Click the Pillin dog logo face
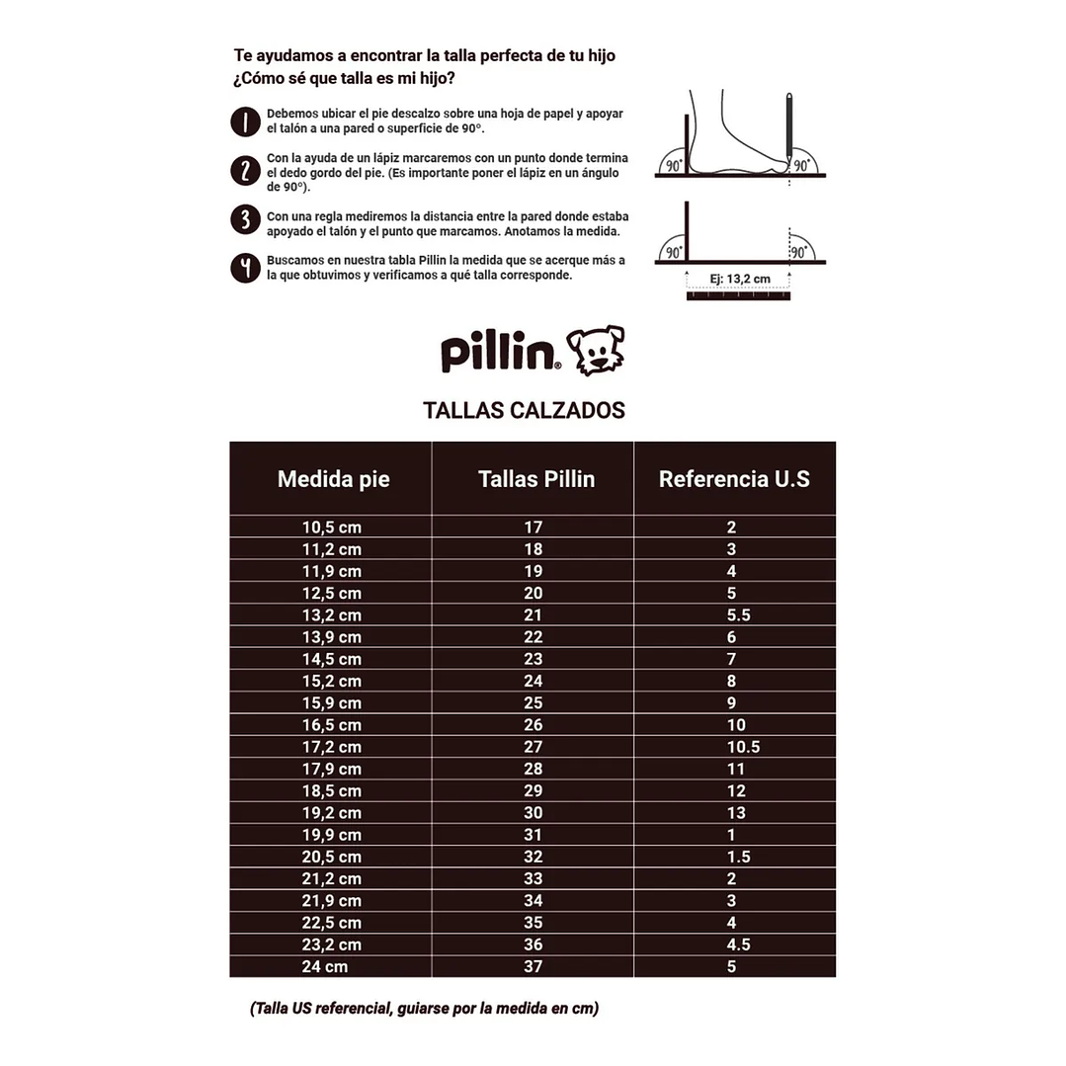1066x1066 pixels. pyautogui.click(x=596, y=350)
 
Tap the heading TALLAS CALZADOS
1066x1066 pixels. pyautogui.click(x=524, y=410)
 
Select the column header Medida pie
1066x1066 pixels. pyautogui.click(x=333, y=479)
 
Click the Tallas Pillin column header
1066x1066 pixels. pyautogui.click(x=535, y=479)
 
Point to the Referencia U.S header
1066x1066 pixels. pyautogui.click(x=734, y=479)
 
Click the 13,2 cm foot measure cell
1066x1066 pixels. pyautogui.click(x=331, y=615)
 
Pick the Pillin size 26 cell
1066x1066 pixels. pyautogui.click(x=533, y=725)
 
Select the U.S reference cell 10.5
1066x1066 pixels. pyautogui.click(x=743, y=747)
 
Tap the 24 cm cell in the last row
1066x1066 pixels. pyautogui.click(x=324, y=966)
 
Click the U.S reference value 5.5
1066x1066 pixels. pyautogui.click(x=738, y=615)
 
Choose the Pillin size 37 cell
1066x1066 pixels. pyautogui.click(x=533, y=966)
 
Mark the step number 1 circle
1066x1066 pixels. pyautogui.click(x=244, y=122)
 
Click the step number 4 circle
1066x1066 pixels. pyautogui.click(x=244, y=268)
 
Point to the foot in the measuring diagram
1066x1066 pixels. pyautogui.click(x=736, y=138)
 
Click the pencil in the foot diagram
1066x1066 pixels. pyautogui.click(x=789, y=128)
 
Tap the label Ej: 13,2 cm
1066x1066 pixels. pyautogui.click(x=740, y=279)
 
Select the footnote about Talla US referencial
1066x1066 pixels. pyautogui.click(x=424, y=1009)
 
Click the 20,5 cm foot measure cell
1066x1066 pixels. pyautogui.click(x=331, y=857)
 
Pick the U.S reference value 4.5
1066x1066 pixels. pyautogui.click(x=738, y=944)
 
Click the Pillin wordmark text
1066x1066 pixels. pyautogui.click(x=500, y=353)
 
